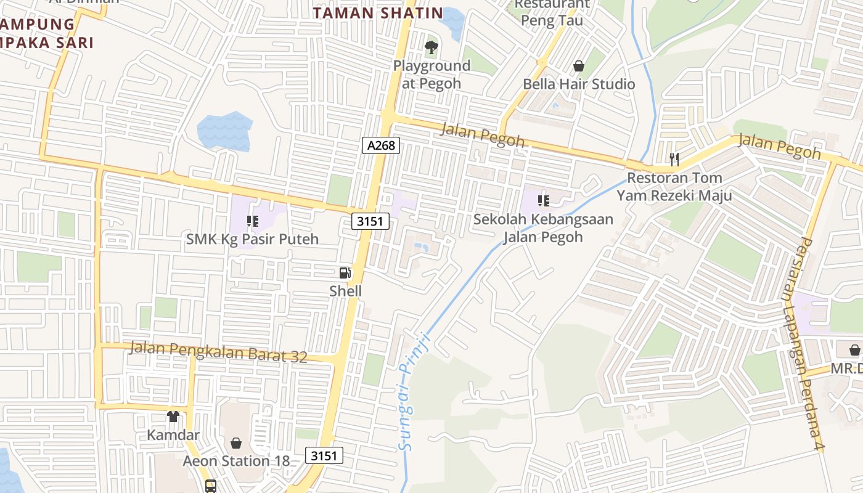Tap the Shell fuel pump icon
coord(345,272)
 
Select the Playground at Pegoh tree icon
coord(431,47)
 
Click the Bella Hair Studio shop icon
coord(579,65)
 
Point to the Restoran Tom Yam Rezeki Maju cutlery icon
coord(674,160)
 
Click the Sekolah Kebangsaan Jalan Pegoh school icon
coord(543,200)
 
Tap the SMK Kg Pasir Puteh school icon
coord(252,221)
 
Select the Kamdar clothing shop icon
coord(173,417)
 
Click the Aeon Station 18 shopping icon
coord(235,442)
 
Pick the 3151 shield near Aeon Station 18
coord(324,455)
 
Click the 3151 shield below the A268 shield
coord(371,221)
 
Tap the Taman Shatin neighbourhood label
coord(378,13)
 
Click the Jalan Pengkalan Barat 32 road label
coord(218,352)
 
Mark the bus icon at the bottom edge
coord(211,486)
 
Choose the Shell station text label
coord(345,291)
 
